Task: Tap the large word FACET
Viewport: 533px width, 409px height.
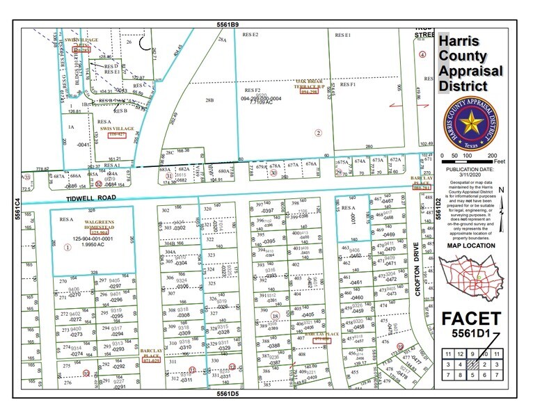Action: (471, 320)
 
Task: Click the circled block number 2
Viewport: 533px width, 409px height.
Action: (319, 132)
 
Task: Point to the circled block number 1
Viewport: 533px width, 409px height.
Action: (67, 246)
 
